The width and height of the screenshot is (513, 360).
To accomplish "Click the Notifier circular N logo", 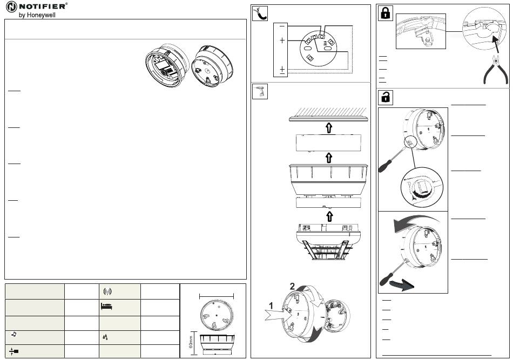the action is point(11,7).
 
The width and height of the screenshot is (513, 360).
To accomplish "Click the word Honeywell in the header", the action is point(41,15).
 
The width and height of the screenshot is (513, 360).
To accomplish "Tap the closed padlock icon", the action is point(386,13).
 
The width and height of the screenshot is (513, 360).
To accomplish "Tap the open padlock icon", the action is point(386,97).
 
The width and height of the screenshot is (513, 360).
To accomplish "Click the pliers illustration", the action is point(496,70).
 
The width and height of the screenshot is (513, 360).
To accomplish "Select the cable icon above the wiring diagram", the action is point(260,13).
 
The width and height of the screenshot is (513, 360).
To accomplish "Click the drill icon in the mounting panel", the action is point(260,92).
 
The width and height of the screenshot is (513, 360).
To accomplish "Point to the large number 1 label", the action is point(271,305).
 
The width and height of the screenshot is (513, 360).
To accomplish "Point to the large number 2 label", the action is point(292,287).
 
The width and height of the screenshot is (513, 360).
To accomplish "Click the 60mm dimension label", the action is point(191,342).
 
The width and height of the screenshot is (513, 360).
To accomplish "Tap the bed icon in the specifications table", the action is point(106,307).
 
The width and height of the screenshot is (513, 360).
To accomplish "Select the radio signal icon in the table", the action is point(107,291).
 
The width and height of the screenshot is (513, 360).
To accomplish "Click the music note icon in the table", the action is point(13,334).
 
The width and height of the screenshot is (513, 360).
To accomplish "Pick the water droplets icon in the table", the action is point(105,337).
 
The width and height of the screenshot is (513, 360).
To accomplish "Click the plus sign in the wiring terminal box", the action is point(282,40).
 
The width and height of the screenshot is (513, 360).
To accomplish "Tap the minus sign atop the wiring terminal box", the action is point(282,26).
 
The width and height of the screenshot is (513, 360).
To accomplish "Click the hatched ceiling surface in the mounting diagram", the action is point(328,114).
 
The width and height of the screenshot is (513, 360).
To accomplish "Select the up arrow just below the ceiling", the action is point(329,128).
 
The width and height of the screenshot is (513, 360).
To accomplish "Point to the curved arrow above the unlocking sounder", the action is point(415,223).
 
